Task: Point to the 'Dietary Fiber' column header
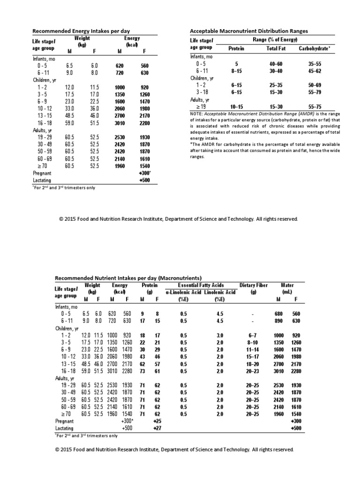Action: pyautogui.click(x=254, y=285)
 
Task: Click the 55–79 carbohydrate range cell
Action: pyautogui.click(x=315, y=93)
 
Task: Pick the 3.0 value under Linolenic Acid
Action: pyautogui.click(x=220, y=336)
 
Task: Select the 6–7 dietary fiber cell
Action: pyautogui.click(x=252, y=336)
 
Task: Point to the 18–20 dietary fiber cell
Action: pyautogui.click(x=252, y=364)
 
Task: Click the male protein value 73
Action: pyautogui.click(x=142, y=371)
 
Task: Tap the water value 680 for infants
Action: pyautogui.click(x=279, y=314)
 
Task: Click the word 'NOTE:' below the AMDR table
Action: pyautogui.click(x=196, y=114)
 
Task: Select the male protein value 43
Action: pyautogui.click(x=142, y=357)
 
